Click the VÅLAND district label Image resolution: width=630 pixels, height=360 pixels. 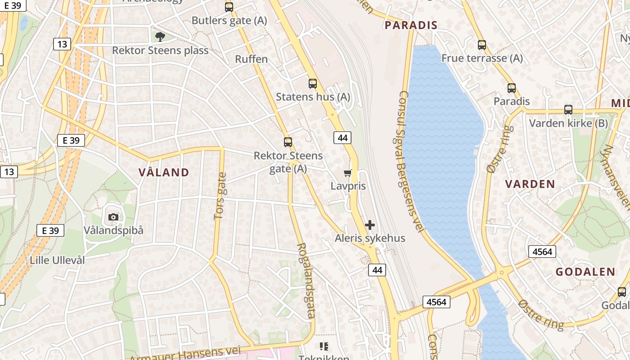click(164, 172)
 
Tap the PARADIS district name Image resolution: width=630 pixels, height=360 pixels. click(411, 25)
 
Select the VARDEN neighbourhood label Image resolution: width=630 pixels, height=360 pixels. click(530, 184)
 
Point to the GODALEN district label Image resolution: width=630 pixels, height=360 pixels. click(585, 272)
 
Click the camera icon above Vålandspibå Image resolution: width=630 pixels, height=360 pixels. click(113, 217)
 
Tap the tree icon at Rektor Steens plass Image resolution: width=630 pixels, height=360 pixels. click(160, 36)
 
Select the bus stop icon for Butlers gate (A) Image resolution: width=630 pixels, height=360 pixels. click(229, 7)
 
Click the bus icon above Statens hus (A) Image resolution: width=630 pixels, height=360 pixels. click(312, 83)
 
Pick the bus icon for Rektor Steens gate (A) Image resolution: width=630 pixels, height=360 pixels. click(288, 142)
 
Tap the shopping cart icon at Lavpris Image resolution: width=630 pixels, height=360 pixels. click(347, 173)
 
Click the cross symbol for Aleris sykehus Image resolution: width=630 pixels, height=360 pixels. click(370, 225)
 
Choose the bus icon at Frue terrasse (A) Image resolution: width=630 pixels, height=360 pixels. click(482, 45)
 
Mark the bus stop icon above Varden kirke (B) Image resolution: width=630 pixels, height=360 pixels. click(568, 110)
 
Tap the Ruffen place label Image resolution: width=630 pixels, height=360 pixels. click(251, 59)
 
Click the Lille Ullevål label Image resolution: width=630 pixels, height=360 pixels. click(57, 260)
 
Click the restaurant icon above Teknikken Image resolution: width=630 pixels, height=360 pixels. click(324, 346)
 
